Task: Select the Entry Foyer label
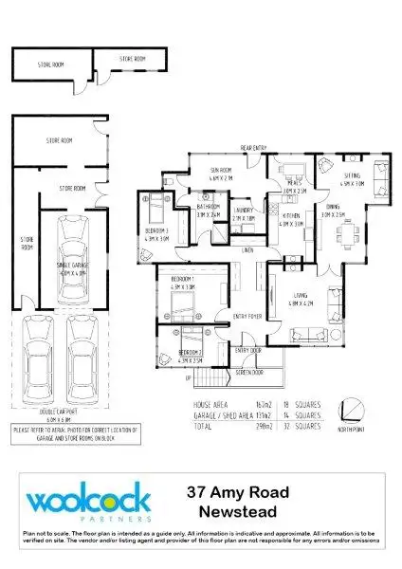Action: (247, 317)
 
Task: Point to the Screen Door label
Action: (249, 373)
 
